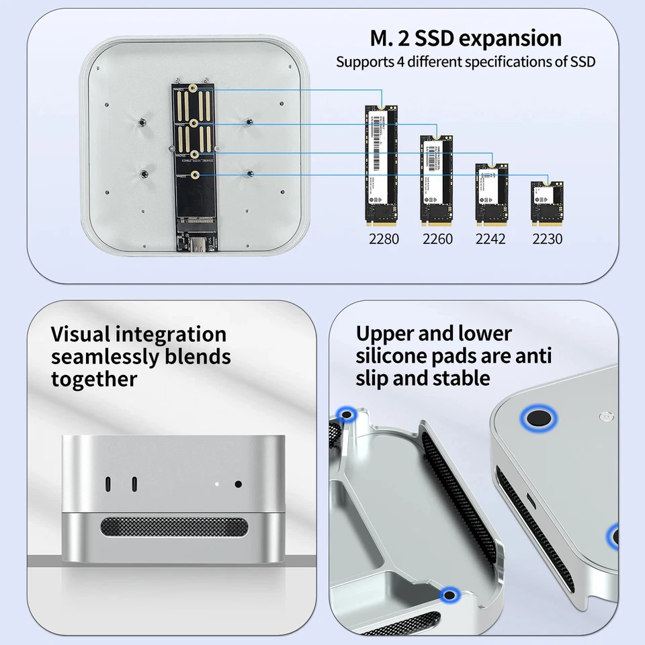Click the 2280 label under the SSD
pos(384,239)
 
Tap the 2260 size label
pos(437,239)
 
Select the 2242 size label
pos(490,239)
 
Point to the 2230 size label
pos(547,239)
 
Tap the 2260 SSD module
pos(437,180)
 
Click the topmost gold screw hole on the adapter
pos(193,89)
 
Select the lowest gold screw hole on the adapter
pos(194,175)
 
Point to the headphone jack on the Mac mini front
pos(238,484)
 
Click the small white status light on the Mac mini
pos(216,483)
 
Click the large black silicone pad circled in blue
pos(539,419)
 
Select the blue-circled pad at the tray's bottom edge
pos(449,593)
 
